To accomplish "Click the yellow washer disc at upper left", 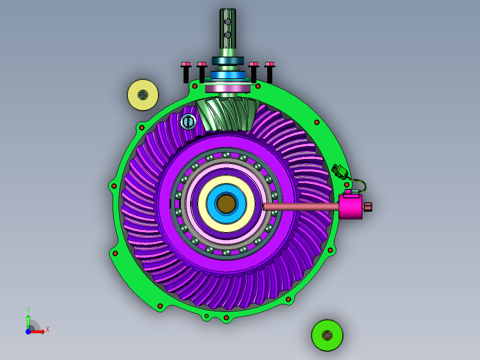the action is pyautogui.click(x=143, y=95).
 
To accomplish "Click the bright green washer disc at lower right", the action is pyautogui.click(x=327, y=335).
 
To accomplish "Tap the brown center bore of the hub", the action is pyautogui.click(x=226, y=204).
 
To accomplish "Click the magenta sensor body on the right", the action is pyautogui.click(x=351, y=206).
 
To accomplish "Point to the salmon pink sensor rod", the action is pyautogui.click(x=301, y=207).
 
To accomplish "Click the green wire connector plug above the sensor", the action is pyautogui.click(x=340, y=172).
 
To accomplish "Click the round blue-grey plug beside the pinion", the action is pyautogui.click(x=188, y=122).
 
